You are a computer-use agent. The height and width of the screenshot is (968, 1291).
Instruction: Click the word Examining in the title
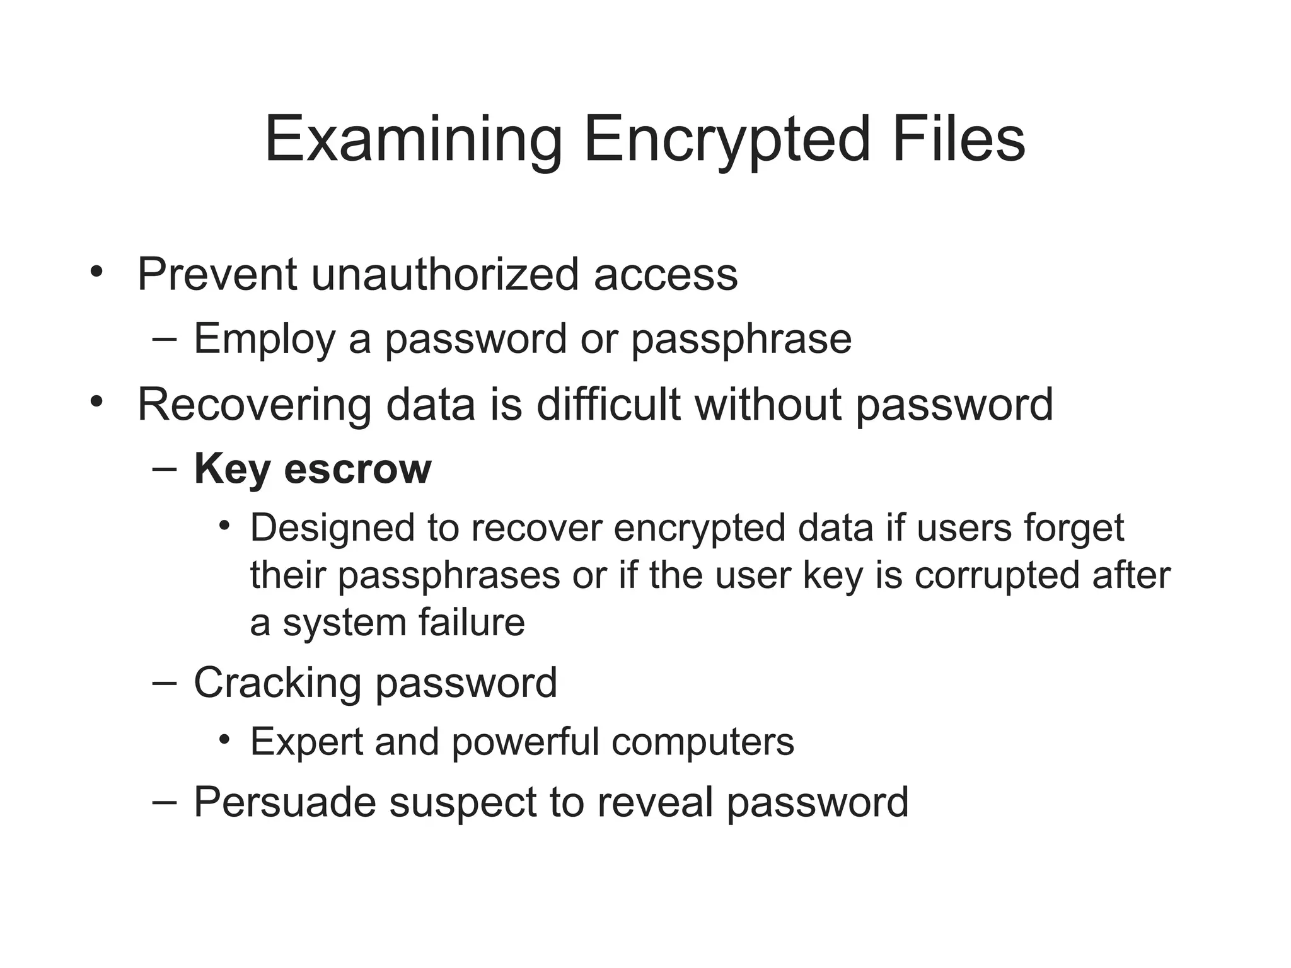[413, 140]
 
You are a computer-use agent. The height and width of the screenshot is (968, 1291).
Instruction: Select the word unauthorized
[444, 275]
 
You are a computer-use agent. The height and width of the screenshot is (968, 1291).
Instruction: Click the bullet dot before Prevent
[96, 272]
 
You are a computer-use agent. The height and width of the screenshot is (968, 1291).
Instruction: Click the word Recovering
[254, 405]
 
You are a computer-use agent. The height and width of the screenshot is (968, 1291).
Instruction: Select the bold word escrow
[357, 470]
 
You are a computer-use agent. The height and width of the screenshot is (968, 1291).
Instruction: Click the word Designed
[332, 527]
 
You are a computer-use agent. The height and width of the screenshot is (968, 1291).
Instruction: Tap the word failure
[471, 622]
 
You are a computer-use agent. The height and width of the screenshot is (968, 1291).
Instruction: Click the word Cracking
[277, 683]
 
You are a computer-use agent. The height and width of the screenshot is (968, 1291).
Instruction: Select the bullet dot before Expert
[225, 739]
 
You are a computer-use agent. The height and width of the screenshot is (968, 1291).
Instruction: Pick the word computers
[702, 742]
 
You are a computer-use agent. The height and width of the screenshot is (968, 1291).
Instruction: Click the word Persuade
[284, 802]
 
